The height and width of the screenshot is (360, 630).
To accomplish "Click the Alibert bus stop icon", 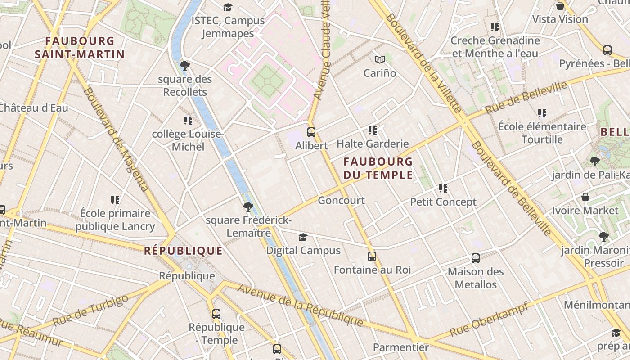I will pos(311,132).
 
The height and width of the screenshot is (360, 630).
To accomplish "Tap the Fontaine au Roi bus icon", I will pos(372,256).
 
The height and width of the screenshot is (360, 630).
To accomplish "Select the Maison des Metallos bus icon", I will pos(476,258).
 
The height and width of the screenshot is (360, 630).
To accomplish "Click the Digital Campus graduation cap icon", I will pos(303,237).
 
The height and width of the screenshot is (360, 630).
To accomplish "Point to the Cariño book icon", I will pos(380,59).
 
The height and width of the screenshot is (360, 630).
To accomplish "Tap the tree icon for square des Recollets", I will pos(184,66).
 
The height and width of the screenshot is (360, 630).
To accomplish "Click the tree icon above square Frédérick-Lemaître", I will pos(248,207).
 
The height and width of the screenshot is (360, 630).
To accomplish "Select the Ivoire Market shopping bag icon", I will pos(585,197).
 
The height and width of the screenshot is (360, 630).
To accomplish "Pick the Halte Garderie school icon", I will pos(373,130).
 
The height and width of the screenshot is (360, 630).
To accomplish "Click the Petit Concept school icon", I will pos(443,189).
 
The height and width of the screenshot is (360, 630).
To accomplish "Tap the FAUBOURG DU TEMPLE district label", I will pos(378,168).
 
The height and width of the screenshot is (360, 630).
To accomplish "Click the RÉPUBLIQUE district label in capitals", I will pos(183,251).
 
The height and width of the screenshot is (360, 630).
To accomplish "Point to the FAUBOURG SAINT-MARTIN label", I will pos(80,48).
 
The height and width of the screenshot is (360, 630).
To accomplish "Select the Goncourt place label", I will pos(341,200).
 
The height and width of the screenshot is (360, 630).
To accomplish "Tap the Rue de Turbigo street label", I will pos(90,310).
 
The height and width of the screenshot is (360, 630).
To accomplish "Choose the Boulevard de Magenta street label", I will pos(116,139).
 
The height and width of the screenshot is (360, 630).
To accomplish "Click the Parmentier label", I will pos(400,347).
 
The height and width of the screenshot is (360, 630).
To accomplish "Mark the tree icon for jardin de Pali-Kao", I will pos(594,161).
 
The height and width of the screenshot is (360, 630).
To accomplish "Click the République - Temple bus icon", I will pos(216,314).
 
